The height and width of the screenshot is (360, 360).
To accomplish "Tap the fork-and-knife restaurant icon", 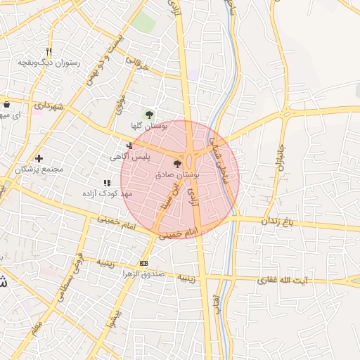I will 49,51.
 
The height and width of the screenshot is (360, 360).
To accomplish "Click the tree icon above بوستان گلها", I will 148,114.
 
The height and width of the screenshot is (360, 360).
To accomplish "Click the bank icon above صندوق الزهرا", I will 144,264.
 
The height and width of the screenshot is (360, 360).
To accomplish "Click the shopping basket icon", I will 6,105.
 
